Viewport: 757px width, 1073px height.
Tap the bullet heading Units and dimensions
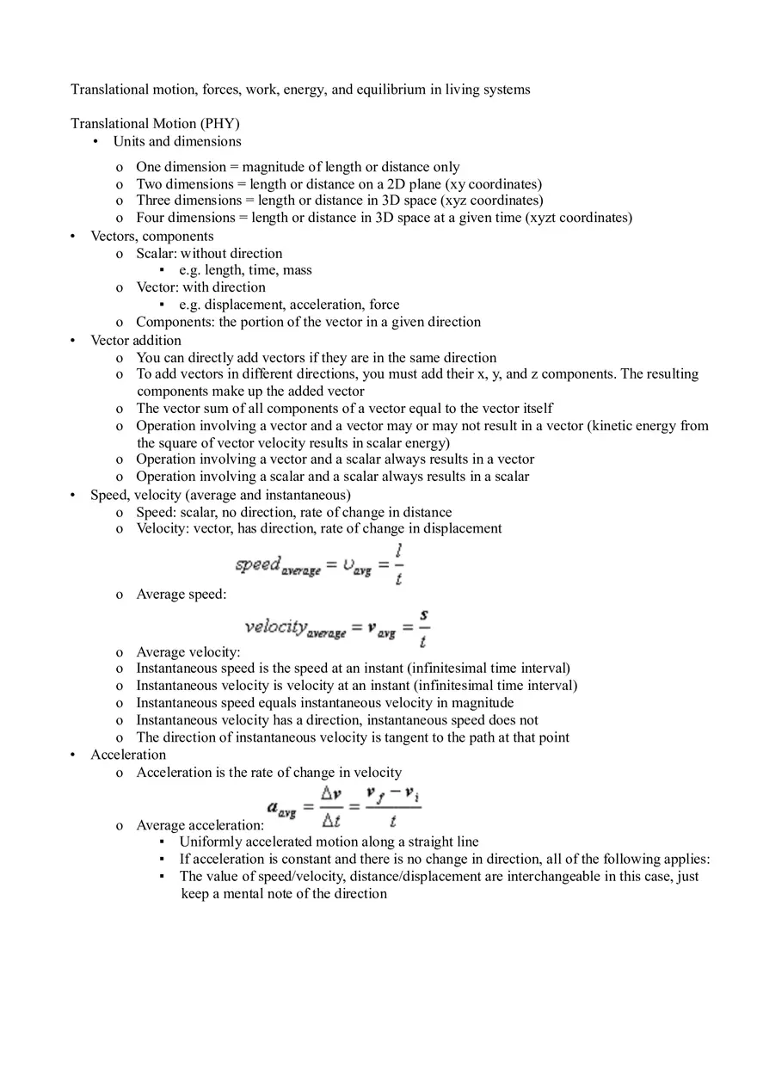point(177,141)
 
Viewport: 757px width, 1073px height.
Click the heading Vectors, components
point(152,236)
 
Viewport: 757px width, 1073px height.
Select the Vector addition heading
point(136,340)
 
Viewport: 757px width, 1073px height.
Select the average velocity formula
point(337,628)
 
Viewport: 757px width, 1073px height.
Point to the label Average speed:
point(182,595)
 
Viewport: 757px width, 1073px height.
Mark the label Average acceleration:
point(200,825)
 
